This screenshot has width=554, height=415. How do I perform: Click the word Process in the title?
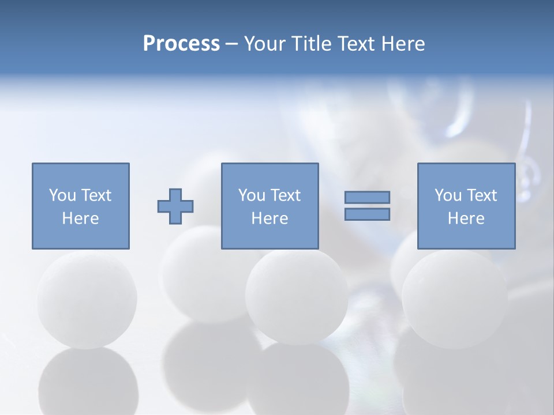click(x=181, y=44)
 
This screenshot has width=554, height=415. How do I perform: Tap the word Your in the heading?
click(x=264, y=44)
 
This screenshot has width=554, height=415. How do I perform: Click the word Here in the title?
click(x=403, y=44)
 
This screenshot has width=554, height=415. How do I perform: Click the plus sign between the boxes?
click(x=175, y=206)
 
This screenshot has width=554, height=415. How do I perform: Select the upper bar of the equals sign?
click(x=367, y=198)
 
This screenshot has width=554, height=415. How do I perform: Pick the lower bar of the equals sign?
click(x=367, y=214)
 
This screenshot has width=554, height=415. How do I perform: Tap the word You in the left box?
click(x=62, y=195)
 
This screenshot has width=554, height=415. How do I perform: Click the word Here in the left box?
click(x=80, y=218)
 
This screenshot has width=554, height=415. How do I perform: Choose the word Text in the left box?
click(x=95, y=195)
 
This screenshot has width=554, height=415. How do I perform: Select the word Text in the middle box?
click(x=285, y=195)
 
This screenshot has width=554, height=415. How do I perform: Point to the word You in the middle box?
click(x=251, y=195)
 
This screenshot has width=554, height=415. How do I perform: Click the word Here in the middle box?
click(x=269, y=218)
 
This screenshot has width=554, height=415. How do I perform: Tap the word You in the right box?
click(x=447, y=195)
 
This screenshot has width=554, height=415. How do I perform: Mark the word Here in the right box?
click(x=466, y=218)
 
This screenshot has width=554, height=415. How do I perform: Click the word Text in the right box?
click(x=481, y=195)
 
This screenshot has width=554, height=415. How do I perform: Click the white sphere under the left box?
click(x=87, y=300)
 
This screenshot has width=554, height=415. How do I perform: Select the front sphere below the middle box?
click(x=296, y=297)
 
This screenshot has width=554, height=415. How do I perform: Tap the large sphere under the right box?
click(x=454, y=300)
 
